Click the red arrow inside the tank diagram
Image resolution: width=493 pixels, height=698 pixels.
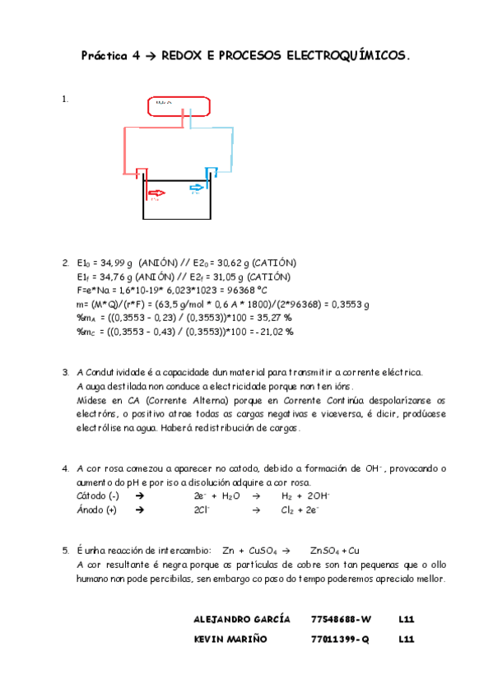coord(156,193)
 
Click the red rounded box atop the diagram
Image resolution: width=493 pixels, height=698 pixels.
coord(179,107)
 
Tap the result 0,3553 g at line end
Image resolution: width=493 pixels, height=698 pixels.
coord(350,305)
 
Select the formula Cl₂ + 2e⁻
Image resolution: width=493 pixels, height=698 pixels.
coord(301,510)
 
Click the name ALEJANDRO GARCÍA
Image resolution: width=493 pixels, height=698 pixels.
coord(241,618)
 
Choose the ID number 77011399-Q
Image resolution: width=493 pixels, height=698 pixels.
coord(340,638)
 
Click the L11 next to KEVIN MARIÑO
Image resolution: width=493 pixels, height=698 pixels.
coord(405,638)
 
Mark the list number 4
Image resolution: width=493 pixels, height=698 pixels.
coord(65,469)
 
